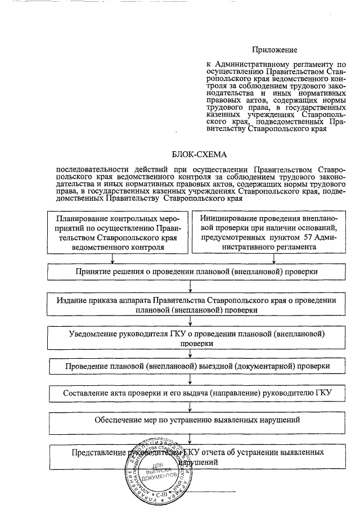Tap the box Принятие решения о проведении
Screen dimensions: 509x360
(x=191, y=272)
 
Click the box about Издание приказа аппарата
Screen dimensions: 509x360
(x=191, y=305)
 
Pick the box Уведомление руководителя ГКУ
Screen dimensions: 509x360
(x=191, y=337)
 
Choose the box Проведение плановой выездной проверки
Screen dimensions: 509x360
(x=191, y=366)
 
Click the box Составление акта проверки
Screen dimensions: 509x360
(x=191, y=393)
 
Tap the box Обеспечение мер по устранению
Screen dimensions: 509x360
(x=191, y=420)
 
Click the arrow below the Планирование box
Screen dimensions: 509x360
(x=114, y=258)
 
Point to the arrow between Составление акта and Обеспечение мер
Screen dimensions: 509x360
(x=191, y=407)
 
